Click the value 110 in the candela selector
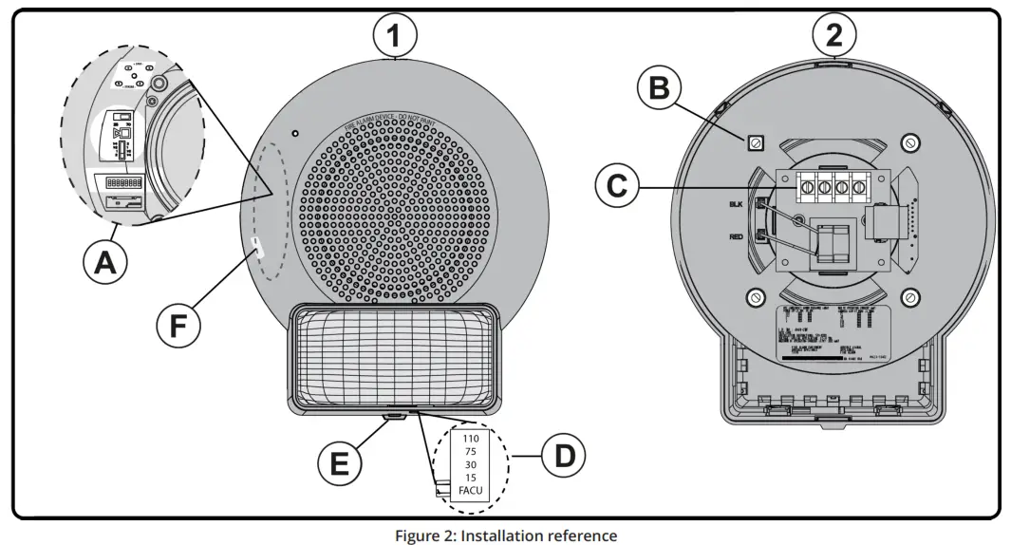[x=470, y=439]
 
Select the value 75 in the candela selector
[x=470, y=453]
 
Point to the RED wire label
[x=736, y=236]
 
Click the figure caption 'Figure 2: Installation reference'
[x=506, y=535]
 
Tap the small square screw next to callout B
[x=756, y=142]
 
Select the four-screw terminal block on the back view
[x=825, y=188]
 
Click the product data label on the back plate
[x=833, y=333]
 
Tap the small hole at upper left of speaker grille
[x=296, y=132]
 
